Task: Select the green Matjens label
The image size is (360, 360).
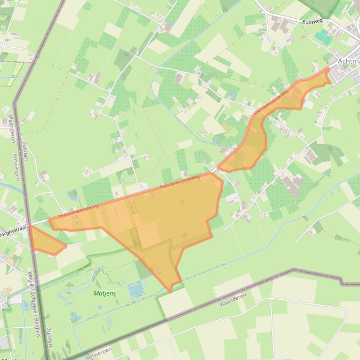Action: (104, 293)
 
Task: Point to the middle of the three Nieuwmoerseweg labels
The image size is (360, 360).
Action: (180, 182)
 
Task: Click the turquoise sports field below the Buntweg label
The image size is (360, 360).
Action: (323, 36)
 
